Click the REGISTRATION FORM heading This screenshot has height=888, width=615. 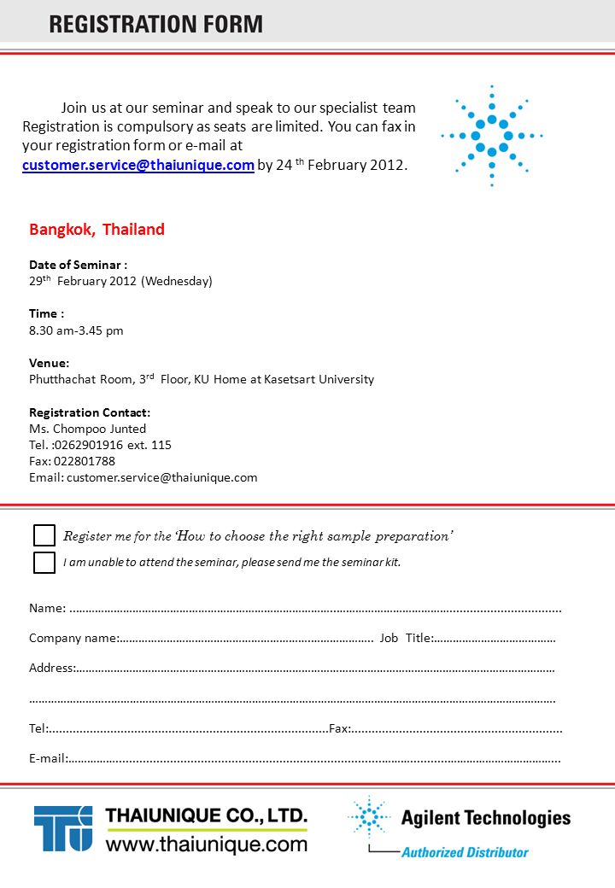(155, 23)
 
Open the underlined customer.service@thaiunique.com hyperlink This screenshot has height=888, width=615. (138, 165)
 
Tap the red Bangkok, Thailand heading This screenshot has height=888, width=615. (97, 229)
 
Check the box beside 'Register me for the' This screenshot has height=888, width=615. (44, 535)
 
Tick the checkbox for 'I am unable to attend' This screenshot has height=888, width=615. (44, 563)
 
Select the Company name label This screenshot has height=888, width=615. (73, 638)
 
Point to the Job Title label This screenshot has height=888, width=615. (406, 638)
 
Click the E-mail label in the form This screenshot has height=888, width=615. (47, 757)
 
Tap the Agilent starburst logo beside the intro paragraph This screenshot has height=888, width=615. (492, 136)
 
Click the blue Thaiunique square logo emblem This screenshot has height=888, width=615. (63, 828)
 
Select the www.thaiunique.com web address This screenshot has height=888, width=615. (206, 844)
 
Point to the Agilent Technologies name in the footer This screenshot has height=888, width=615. (485, 818)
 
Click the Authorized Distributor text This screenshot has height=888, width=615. (465, 851)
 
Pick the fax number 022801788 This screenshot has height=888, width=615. (84, 461)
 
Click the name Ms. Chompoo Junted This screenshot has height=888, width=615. (87, 429)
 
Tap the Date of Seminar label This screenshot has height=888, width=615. (78, 265)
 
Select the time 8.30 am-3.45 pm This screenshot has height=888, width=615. (76, 330)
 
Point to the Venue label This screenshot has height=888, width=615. (50, 363)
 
